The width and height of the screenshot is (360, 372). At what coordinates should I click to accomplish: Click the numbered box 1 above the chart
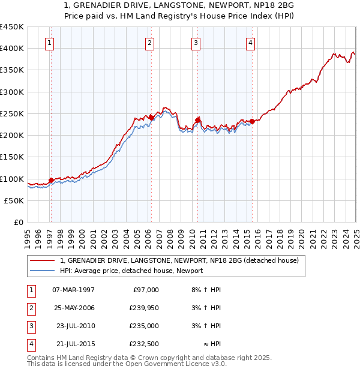pos(49,43)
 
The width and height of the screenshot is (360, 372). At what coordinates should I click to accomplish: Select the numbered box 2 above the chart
pos(149,43)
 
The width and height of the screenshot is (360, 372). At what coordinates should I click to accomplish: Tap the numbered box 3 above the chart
pos(196,43)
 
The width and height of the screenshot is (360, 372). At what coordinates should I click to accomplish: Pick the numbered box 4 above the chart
pos(250,43)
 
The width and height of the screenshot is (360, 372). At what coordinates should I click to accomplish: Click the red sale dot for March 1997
pos(51,180)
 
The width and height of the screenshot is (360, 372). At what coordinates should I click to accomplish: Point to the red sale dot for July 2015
pos(253,121)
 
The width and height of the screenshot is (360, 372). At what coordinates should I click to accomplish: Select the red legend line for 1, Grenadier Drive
pos(42,260)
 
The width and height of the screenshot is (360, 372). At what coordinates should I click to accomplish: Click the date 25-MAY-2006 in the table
pos(74,308)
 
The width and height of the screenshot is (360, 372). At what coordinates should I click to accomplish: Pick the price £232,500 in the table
pos(144,344)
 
